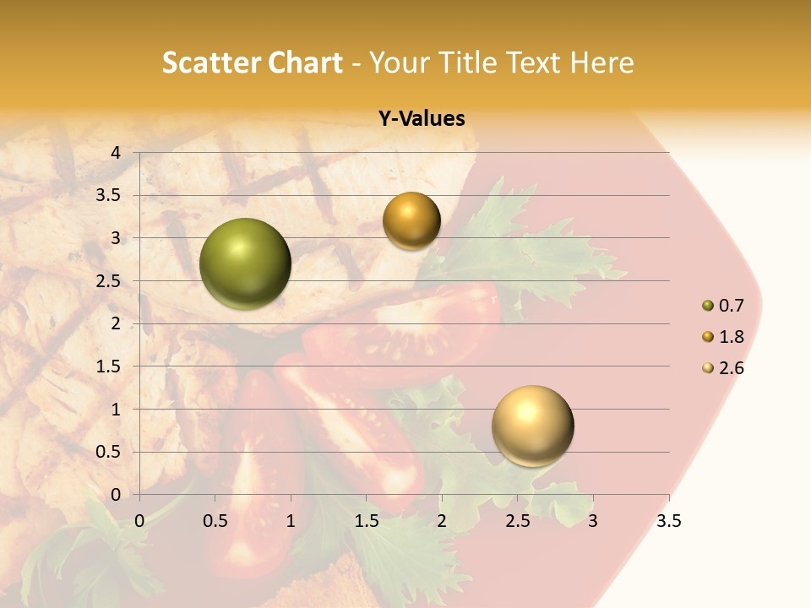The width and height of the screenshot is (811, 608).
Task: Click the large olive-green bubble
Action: (245, 263)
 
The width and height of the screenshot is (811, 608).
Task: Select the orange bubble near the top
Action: (411, 221)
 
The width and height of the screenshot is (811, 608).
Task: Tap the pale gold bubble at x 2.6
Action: (532, 426)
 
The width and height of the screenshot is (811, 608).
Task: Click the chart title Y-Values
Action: (421, 119)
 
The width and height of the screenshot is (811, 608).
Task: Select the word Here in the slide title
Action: (602, 62)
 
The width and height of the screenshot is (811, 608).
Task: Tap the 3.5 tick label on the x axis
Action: (668, 521)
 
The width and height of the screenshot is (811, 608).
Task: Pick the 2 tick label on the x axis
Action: (442, 521)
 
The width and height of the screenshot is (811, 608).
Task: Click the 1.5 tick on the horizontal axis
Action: (366, 521)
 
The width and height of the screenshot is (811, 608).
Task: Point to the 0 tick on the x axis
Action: (139, 521)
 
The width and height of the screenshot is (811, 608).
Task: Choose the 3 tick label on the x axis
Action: (593, 521)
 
